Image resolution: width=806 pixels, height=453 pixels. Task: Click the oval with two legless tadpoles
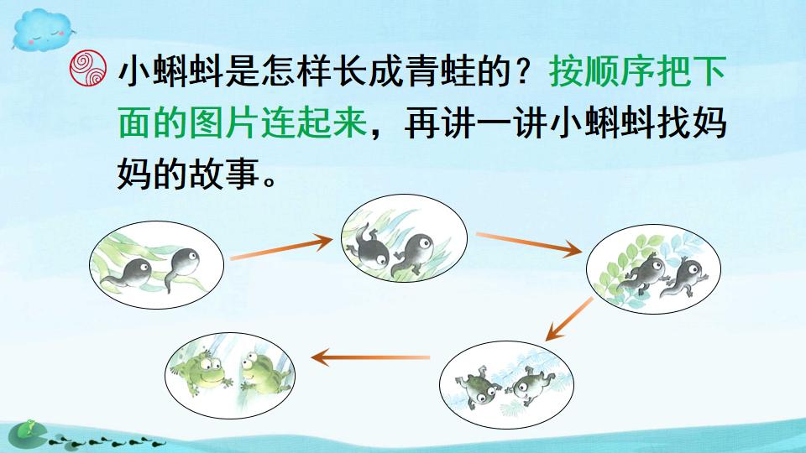pyautogui.click(x=156, y=266)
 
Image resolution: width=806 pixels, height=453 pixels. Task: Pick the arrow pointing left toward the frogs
pyautogui.click(x=370, y=358)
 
